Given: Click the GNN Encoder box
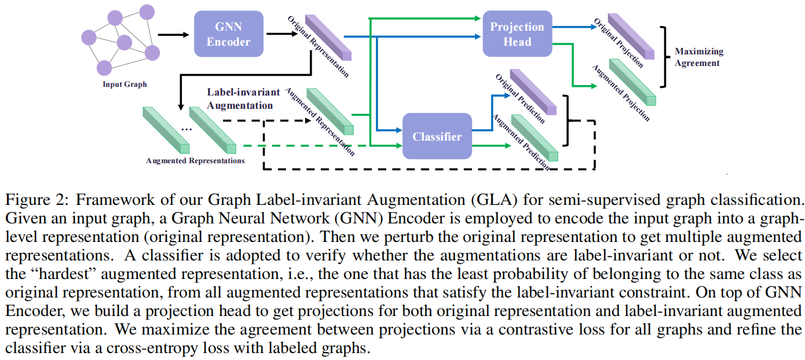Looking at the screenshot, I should (228, 34).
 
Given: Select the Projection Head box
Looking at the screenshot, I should (517, 34).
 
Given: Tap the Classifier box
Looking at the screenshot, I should (437, 137).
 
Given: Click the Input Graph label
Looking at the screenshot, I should (125, 85).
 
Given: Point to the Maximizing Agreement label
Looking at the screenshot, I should (698, 57).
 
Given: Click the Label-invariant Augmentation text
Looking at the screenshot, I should (243, 99).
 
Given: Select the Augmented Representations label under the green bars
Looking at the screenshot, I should (195, 160).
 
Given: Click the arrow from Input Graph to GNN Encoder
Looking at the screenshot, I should (173, 34).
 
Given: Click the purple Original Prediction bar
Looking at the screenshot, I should (533, 93).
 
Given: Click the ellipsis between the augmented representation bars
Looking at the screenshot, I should (186, 129).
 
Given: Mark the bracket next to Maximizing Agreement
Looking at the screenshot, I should (666, 56).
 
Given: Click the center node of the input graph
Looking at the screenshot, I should (125, 43).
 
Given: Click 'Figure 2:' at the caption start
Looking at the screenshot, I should (38, 201).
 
